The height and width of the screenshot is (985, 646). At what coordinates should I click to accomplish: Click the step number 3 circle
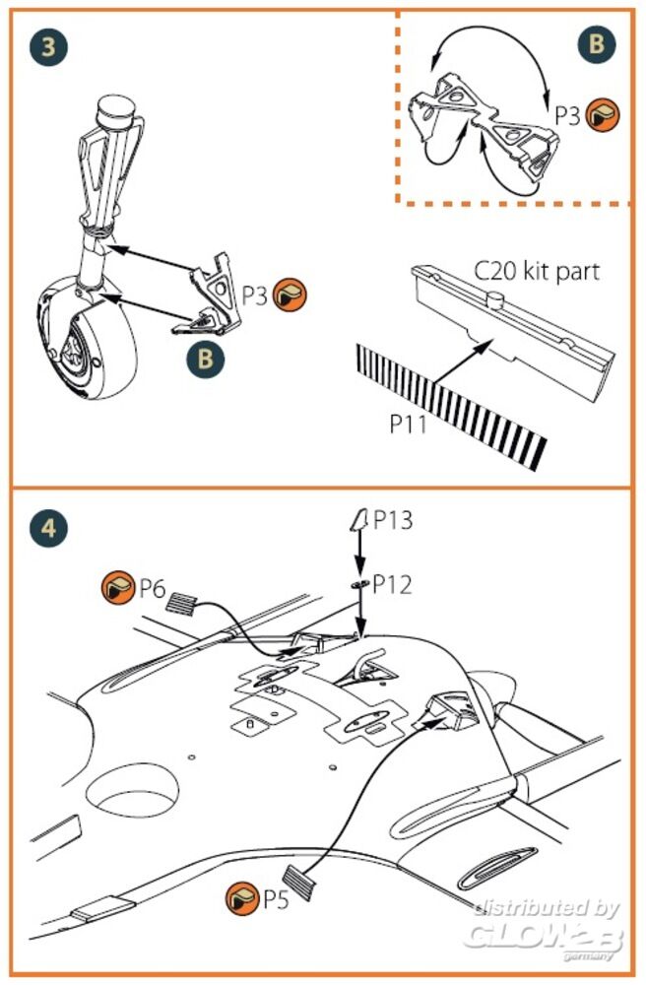(48, 47)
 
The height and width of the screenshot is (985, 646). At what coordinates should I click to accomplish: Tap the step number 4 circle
(48, 529)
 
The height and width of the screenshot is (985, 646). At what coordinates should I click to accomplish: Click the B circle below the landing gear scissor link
(205, 358)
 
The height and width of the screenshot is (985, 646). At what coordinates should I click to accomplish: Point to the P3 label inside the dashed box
(567, 115)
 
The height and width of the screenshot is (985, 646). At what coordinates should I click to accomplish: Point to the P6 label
(152, 589)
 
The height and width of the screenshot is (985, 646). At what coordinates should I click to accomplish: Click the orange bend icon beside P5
(242, 897)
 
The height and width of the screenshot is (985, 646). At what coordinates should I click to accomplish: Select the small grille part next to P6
(183, 602)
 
